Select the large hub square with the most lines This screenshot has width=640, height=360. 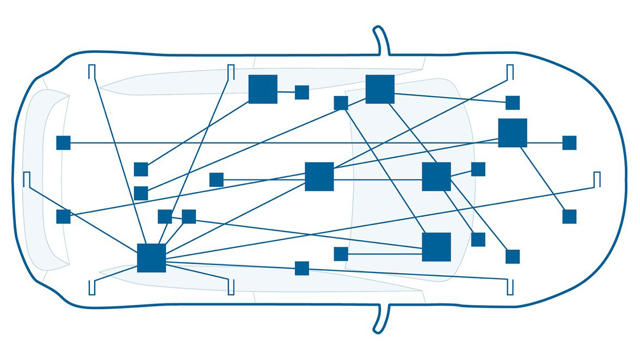[x=151, y=258]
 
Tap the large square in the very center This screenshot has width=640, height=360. [x=319, y=176]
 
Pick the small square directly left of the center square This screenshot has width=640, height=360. [x=217, y=179]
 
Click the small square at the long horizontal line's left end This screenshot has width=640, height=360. [x=63, y=142]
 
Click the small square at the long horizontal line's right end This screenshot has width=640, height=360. [x=569, y=142]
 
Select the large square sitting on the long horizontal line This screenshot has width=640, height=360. [x=513, y=133]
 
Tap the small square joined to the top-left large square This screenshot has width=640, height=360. [x=301, y=92]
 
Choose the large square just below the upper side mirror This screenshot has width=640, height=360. [x=380, y=89]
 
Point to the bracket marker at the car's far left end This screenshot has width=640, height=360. [x=26, y=180]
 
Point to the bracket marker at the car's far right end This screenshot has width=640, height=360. [x=597, y=180]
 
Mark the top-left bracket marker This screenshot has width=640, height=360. [x=91, y=72]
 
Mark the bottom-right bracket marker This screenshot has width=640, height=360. [x=510, y=286]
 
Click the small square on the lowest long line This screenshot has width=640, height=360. [x=301, y=268]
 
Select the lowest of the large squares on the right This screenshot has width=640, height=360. [x=436, y=247]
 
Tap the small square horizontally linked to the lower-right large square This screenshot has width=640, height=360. [x=341, y=254]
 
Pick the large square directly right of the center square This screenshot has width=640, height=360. [x=436, y=176]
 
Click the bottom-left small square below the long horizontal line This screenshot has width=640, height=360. [x=63, y=216]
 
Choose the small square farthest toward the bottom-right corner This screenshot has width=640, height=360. [x=513, y=257]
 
